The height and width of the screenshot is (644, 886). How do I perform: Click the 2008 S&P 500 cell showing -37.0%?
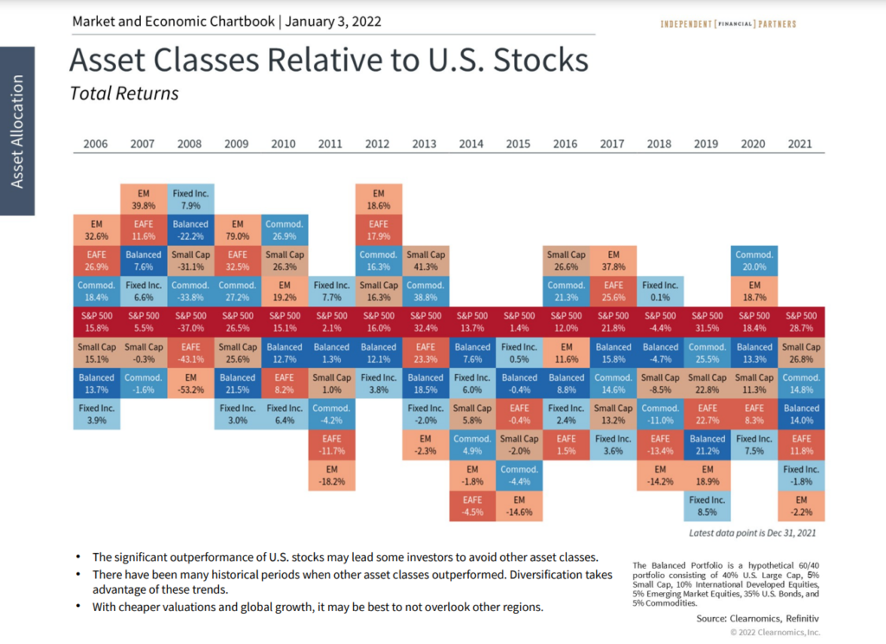point(190,323)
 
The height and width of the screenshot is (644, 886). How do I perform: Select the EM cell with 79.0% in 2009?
point(237,229)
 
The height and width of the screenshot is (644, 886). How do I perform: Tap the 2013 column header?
point(425,144)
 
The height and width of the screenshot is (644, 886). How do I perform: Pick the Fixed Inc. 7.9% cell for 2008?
point(190,198)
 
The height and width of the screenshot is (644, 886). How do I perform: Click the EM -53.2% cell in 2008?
point(190,383)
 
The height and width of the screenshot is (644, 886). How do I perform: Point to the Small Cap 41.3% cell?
point(425,261)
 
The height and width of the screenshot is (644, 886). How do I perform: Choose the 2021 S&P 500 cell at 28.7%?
point(801,323)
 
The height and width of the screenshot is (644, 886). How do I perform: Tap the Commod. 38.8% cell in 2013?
point(425,292)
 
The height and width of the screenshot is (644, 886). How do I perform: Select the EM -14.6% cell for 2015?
point(519,506)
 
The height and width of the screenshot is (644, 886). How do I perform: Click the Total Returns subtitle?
point(124,93)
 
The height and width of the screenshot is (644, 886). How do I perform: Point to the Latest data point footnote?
point(753,533)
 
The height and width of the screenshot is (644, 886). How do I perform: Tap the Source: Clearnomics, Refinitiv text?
point(757,619)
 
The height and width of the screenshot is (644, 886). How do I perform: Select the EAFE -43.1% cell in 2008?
point(190,353)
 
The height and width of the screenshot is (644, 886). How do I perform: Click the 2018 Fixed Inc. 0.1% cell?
point(660,292)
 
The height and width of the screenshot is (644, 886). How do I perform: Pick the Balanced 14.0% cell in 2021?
point(801,415)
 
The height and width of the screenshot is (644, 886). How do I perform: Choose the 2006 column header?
point(96,144)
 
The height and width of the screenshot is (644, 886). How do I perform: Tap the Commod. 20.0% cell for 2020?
point(754,261)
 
